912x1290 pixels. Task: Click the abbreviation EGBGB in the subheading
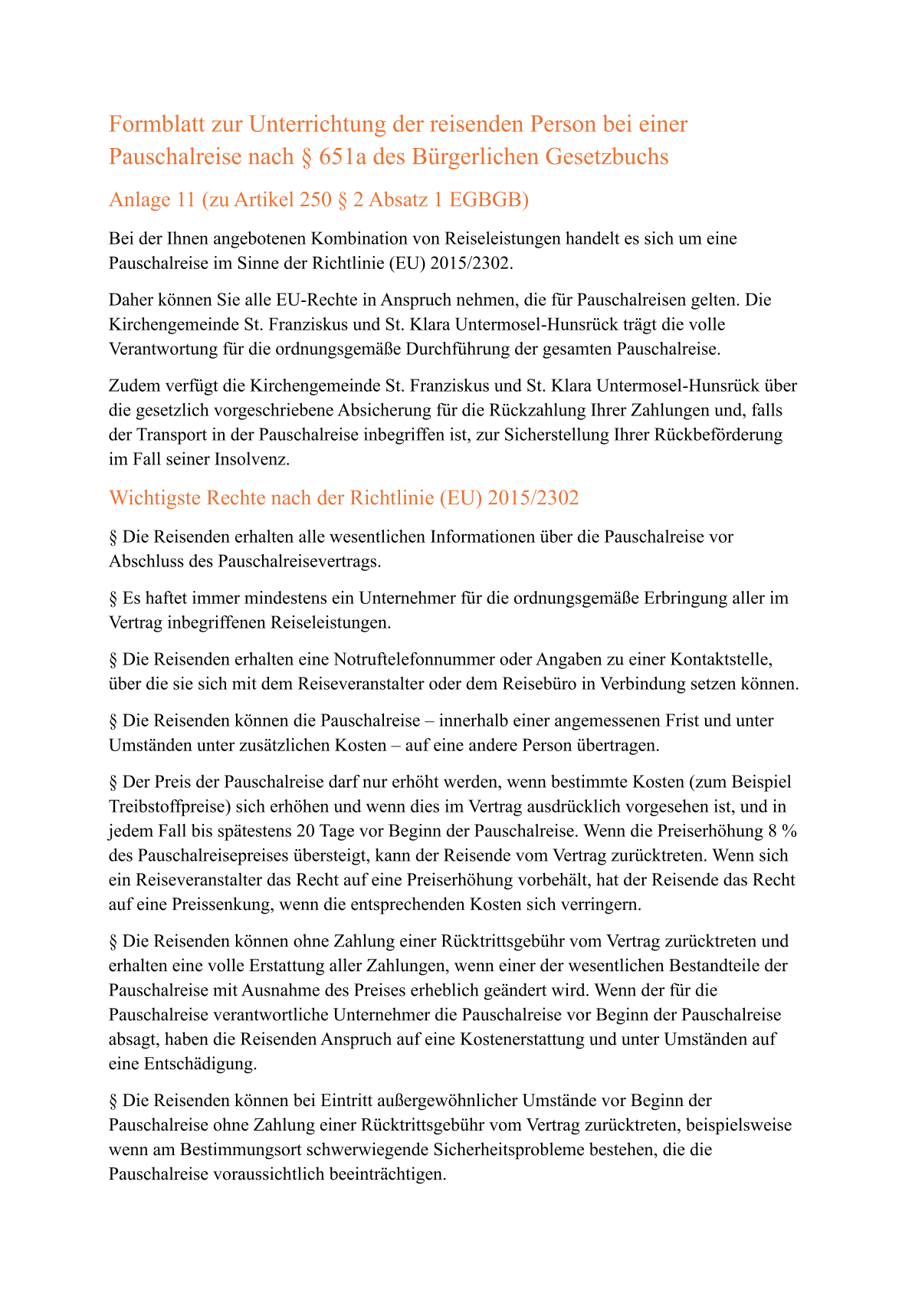(x=488, y=200)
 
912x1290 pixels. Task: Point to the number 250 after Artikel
(x=300, y=200)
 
